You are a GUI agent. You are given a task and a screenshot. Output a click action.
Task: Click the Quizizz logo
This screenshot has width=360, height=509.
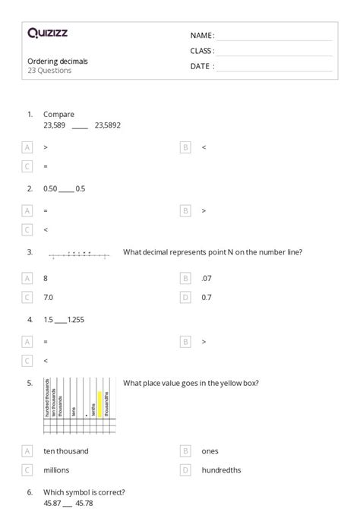(46, 33)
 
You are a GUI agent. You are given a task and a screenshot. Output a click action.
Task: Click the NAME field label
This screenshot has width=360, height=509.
(201, 35)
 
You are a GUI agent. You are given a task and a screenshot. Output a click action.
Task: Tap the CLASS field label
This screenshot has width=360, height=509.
(202, 51)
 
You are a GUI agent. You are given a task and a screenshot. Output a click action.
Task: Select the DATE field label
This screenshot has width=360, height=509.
(201, 66)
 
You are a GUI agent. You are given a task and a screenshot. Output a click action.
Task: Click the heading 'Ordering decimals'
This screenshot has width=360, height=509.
(57, 61)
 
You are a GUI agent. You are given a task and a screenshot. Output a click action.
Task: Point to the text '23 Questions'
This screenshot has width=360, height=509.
(49, 71)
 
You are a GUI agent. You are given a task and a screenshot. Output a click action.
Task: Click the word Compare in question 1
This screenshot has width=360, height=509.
(58, 115)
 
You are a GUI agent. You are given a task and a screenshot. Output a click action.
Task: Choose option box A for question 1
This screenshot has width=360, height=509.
(28, 147)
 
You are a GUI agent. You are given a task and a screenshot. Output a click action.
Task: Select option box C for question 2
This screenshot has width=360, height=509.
(28, 229)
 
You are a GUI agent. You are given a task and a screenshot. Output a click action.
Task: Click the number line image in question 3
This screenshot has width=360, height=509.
(78, 255)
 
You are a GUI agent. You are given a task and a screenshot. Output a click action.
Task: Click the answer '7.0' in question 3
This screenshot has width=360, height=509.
(49, 297)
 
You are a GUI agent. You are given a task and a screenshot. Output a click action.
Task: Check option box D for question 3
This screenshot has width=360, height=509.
(185, 297)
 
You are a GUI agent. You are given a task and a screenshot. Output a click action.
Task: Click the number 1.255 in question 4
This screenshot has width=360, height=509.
(77, 321)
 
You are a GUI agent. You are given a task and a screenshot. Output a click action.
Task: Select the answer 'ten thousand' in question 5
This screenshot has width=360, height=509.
(66, 451)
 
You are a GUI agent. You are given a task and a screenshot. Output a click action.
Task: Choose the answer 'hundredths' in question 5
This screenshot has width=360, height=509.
(220, 469)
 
